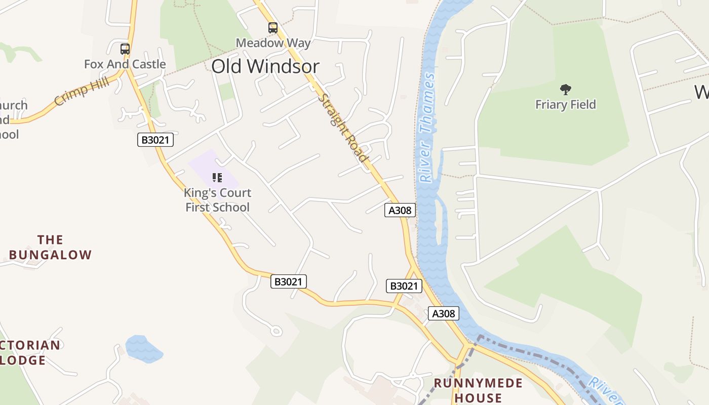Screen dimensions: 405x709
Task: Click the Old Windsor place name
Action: point(265,67)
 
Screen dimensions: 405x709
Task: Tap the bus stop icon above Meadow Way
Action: point(273,28)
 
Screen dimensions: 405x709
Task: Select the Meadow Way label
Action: point(273,43)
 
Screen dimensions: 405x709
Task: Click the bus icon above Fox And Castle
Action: point(125,49)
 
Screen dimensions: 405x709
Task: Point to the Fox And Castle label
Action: point(125,64)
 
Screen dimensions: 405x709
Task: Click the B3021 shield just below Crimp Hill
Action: point(155,140)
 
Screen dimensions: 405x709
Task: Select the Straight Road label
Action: point(343,128)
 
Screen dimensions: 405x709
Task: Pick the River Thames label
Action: point(426,128)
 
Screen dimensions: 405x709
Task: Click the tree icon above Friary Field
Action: point(566,90)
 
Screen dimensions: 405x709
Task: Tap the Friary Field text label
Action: point(566,105)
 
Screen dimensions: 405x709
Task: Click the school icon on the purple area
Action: point(217,177)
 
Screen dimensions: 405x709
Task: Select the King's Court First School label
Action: point(217,200)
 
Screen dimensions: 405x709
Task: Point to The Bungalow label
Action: point(50,247)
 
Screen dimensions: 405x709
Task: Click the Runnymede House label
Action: point(478,390)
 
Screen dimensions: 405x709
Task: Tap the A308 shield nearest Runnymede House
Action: point(444,313)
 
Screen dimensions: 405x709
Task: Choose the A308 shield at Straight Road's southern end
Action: point(400,210)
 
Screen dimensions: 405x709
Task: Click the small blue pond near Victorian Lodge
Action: point(143,349)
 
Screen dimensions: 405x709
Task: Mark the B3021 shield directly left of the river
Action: point(404,286)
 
